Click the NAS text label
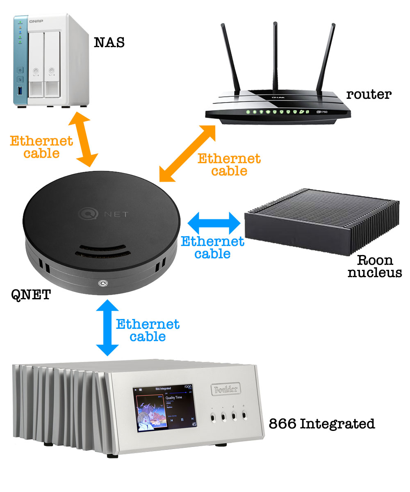pyautogui.click(x=109, y=42)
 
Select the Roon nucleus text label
pyautogui.click(x=375, y=266)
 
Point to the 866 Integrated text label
pyautogui.click(x=321, y=424)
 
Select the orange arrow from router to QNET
pyautogui.click(x=187, y=153)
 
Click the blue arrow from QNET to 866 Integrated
pyautogui.click(x=107, y=328)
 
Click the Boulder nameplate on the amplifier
pyautogui.click(x=225, y=389)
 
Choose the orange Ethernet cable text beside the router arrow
pyautogui.click(x=229, y=164)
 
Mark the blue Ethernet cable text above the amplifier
pyautogui.click(x=148, y=330)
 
